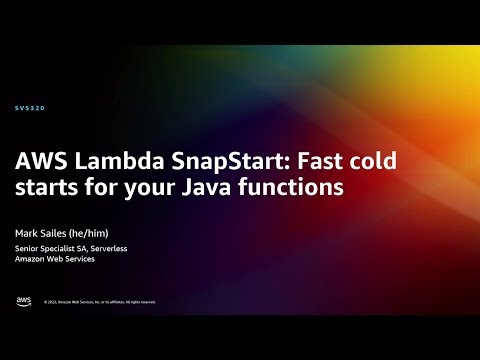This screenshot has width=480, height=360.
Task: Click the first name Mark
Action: [27, 230]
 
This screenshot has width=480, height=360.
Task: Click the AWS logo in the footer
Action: [23, 301]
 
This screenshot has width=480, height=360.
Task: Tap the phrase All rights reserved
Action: [139, 302]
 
